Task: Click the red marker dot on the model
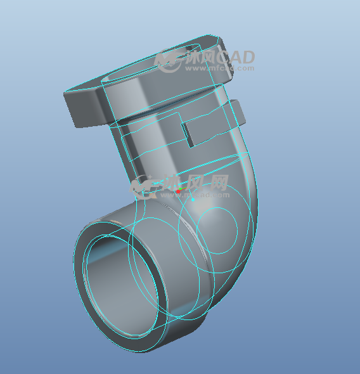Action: click(179, 190)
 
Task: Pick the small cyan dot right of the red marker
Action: click(192, 198)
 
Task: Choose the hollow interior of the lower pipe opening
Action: click(120, 285)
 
